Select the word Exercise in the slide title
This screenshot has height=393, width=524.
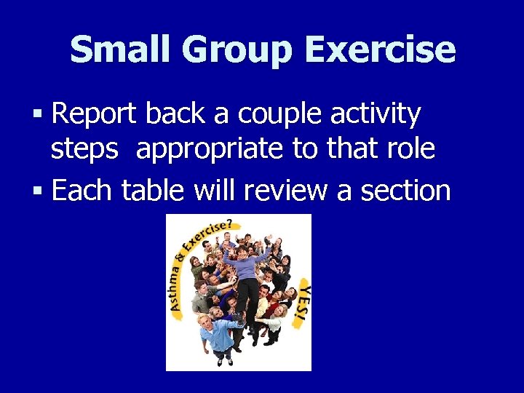click(x=381, y=50)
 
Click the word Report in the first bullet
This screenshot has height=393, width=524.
click(x=95, y=114)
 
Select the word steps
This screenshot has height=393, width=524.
click(x=84, y=149)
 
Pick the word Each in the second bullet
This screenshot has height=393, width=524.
click(x=82, y=191)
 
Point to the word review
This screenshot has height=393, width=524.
click(x=285, y=191)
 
